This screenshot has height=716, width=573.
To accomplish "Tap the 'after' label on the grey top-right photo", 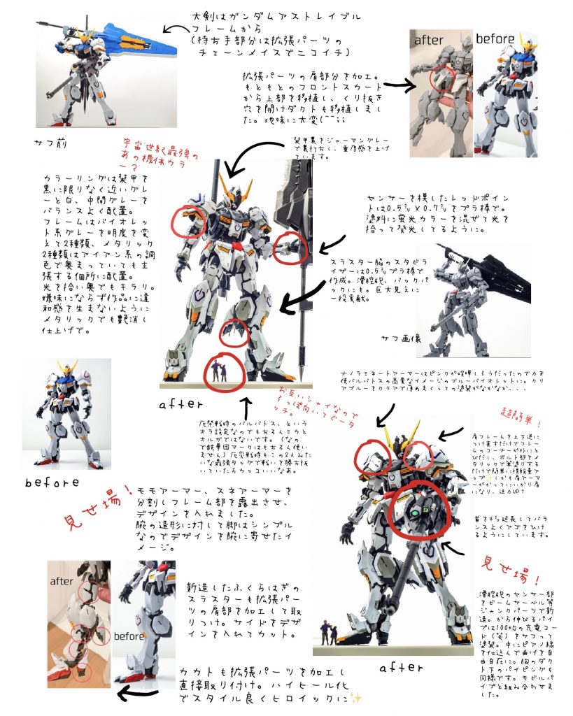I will tap(429, 41).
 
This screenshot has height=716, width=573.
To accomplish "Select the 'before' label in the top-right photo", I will tap(495, 40).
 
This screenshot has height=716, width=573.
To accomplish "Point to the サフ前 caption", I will tap(50, 143).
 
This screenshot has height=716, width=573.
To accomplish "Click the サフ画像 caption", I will tap(401, 338).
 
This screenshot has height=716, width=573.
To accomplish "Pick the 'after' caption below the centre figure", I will tap(181, 404).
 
